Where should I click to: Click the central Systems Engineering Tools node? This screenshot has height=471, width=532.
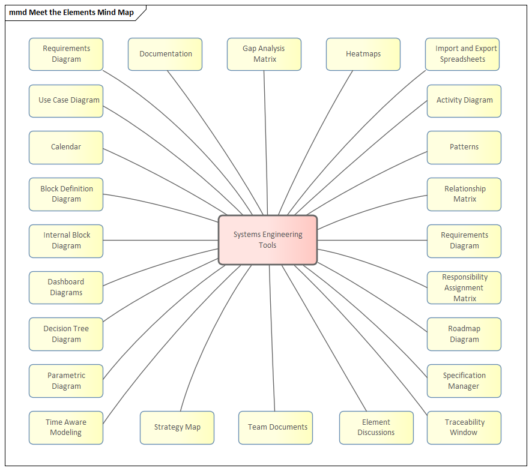coord(268,240)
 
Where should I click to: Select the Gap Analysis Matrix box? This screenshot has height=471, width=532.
coord(264,54)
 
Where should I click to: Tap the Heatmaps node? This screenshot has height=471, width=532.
coord(363,54)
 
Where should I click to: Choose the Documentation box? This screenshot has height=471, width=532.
coord(165,54)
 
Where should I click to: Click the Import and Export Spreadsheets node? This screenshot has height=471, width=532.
coord(462,54)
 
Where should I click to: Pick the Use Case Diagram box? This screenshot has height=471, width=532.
coord(66,100)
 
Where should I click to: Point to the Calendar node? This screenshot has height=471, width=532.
coord(66,147)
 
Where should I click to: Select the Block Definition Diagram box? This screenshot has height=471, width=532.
coord(66,194)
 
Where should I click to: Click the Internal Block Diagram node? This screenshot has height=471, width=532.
coord(66,241)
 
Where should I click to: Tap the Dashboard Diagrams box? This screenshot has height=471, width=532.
coord(66,287)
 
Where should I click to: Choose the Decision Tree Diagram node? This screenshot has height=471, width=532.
coord(66,334)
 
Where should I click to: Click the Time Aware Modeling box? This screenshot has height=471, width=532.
coord(66,427)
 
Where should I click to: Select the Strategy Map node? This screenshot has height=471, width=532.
coord(177,427)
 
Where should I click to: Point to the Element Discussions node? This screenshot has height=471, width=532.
coord(376,427)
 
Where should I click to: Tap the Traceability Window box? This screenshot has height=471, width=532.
coord(464,427)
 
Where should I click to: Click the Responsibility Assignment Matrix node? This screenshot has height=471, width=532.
coord(464,287)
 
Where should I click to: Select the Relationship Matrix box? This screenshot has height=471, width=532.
coord(464,194)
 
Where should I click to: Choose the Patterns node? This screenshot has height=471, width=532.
coord(464,147)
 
